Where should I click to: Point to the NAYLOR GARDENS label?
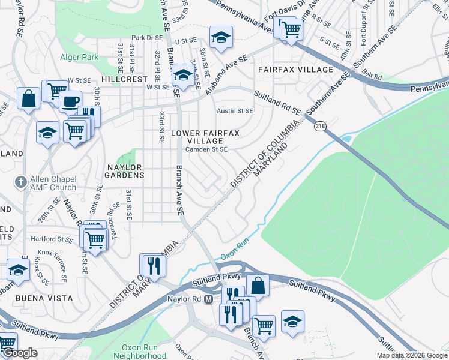[118, 171]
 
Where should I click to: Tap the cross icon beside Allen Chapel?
[20, 181]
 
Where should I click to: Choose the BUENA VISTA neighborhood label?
[45, 298]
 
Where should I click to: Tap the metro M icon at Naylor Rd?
[209, 298]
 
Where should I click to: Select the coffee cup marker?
[70, 100]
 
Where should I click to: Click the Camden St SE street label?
[206, 149]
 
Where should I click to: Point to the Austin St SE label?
[235, 111]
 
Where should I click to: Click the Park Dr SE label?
[147, 38]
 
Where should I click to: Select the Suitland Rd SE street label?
[277, 103]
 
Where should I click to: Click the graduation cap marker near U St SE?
[221, 37]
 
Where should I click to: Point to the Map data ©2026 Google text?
[412, 355]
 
